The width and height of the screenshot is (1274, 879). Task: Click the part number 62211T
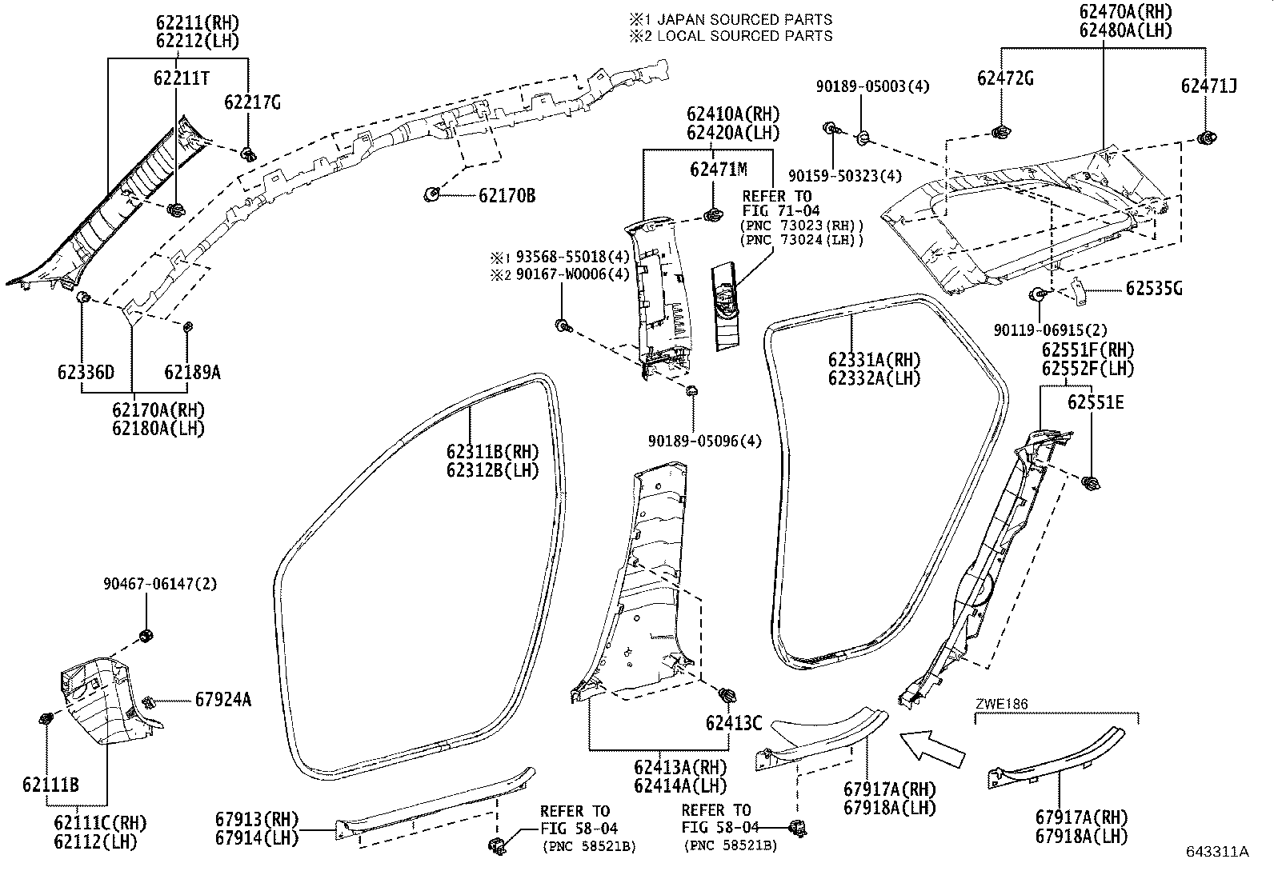click(x=182, y=78)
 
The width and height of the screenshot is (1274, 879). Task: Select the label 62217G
click(x=252, y=102)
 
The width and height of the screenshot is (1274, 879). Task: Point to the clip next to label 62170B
click(x=431, y=193)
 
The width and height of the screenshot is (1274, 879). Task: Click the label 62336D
click(x=86, y=372)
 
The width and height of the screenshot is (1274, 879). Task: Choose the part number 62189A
click(x=192, y=372)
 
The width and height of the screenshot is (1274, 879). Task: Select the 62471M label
click(x=718, y=170)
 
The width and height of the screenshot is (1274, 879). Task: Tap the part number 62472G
click(x=1005, y=78)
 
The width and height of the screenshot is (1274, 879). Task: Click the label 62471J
click(x=1208, y=86)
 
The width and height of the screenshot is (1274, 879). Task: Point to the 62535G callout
click(x=1153, y=289)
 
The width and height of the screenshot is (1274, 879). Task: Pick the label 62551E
click(x=1095, y=402)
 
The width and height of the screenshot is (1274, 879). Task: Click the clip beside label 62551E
click(x=1089, y=482)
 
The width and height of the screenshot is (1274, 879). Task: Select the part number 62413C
click(x=733, y=723)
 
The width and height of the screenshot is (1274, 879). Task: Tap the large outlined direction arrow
click(x=931, y=748)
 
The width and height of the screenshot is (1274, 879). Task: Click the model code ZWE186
click(x=1001, y=704)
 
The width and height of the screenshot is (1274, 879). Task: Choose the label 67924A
click(x=222, y=700)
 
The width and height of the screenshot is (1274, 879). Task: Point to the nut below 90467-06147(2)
click(x=146, y=636)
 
